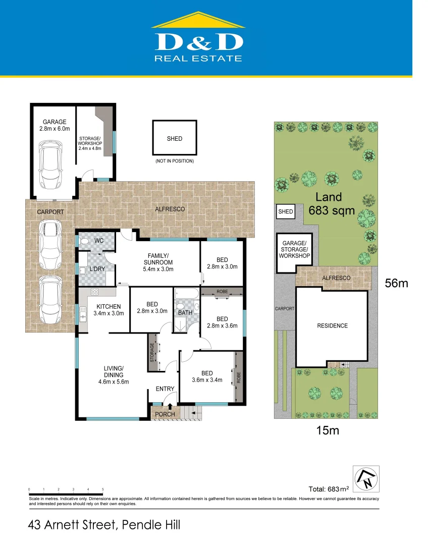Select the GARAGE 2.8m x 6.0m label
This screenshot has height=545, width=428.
point(54,126)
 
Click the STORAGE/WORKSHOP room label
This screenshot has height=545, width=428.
point(90,143)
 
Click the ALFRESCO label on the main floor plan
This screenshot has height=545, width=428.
point(170,209)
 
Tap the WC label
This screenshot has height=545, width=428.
point(99,241)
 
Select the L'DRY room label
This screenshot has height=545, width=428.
point(97,269)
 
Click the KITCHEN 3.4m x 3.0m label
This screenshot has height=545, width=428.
point(109,310)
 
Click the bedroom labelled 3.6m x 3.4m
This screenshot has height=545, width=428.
point(206,376)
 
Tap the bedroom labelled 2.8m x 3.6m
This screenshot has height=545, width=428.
point(222,322)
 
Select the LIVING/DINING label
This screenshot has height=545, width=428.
point(114,374)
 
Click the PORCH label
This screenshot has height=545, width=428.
point(165,414)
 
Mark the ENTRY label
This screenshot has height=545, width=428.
point(165,389)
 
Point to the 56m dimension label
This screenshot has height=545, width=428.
point(396,283)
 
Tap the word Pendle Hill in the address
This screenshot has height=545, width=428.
point(151,525)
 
